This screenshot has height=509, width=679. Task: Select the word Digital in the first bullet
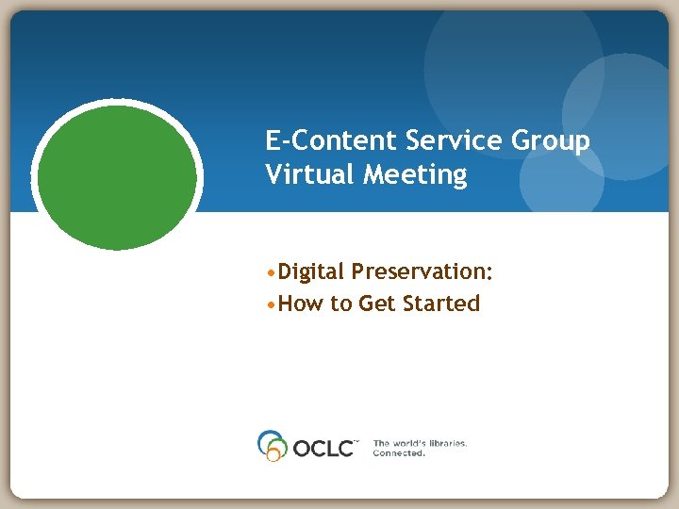[312, 272]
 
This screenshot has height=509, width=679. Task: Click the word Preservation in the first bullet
[421, 272]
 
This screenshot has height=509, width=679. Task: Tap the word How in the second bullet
[301, 304]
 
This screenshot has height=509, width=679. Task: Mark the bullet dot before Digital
[272, 273]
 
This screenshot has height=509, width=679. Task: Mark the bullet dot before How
[272, 304]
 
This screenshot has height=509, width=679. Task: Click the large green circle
[117, 175]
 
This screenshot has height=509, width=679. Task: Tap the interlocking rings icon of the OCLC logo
[272, 445]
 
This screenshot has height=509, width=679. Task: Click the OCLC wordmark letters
[323, 447]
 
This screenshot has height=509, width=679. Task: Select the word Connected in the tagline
[399, 453]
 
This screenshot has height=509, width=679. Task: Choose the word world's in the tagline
[407, 442]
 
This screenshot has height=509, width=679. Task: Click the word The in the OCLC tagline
[381, 442]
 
